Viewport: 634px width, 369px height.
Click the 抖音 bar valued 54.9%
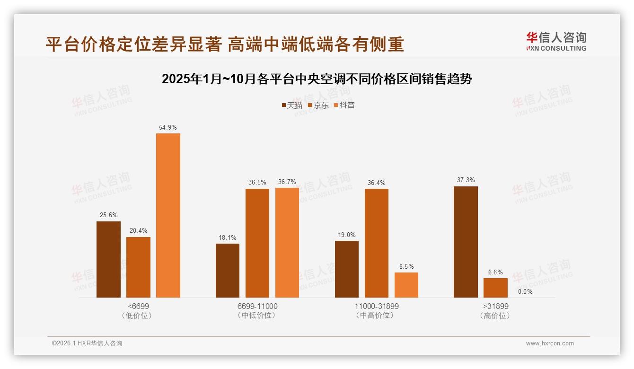[x=168, y=215]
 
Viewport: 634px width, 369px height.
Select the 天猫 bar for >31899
[x=466, y=242]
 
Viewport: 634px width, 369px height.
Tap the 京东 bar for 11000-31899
[x=376, y=243]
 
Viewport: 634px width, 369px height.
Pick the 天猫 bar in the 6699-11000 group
[x=228, y=271]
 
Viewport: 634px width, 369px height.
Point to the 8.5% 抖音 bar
[x=406, y=285]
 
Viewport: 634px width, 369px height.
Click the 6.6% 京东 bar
[x=495, y=288]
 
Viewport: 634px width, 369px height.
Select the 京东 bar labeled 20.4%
[x=138, y=267]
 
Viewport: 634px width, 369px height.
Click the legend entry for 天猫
[x=292, y=105]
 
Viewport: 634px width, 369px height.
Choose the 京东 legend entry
[x=318, y=105]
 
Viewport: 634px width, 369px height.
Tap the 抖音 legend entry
[x=344, y=105]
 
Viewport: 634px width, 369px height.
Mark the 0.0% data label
[x=525, y=291]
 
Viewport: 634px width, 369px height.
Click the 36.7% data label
[x=287, y=182]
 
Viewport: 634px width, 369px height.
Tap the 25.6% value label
[x=108, y=215]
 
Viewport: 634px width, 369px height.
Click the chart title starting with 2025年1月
[x=317, y=79]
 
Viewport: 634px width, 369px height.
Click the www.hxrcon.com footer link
[x=550, y=343]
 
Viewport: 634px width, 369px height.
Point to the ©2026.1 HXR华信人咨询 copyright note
[x=87, y=343]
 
